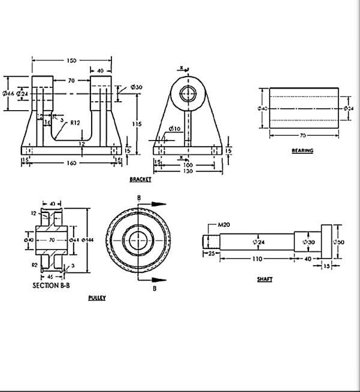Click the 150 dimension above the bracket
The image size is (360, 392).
[x=71, y=60]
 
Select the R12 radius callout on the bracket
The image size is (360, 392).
[x=75, y=123]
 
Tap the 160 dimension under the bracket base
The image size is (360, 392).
[x=71, y=163]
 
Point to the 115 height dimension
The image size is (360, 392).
[x=137, y=124]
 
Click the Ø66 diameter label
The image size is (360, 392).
[x=8, y=93]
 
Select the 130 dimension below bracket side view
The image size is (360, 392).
[x=188, y=171]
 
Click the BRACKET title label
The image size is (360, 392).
[x=140, y=180]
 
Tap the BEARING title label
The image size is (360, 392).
[x=302, y=151]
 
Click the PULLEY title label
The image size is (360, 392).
[x=96, y=298]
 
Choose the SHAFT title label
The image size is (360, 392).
[x=264, y=279]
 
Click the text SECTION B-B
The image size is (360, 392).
[x=51, y=286]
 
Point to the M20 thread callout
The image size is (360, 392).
[x=224, y=224]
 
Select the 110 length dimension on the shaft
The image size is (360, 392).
[x=256, y=259]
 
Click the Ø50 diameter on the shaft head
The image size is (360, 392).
[x=339, y=241]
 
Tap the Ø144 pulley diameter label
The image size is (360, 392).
[x=87, y=239]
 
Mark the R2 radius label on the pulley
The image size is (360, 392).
[x=35, y=263]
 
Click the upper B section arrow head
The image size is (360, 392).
[x=159, y=203]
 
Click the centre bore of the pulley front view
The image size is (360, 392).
[x=138, y=240]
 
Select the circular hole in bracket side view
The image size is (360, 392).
[x=189, y=93]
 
